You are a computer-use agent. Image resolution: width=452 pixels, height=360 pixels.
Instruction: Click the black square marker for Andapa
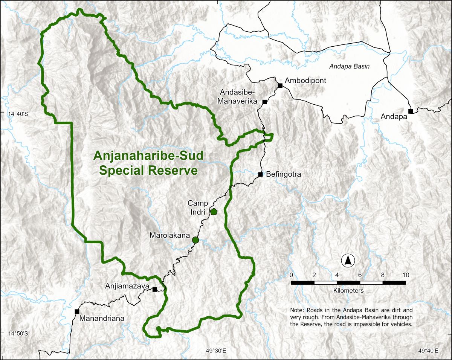[411, 111]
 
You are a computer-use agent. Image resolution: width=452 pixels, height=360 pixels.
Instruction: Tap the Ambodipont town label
[305, 81]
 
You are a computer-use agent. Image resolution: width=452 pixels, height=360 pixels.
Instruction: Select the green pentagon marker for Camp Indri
[214, 212]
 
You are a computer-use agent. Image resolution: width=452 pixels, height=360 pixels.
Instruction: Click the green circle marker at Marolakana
[195, 240]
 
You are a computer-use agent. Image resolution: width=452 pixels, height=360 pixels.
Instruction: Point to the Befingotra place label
[283, 174]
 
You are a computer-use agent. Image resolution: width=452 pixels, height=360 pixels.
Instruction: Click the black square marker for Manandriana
[77, 311]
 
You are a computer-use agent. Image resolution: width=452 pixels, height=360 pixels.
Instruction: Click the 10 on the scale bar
[405, 275]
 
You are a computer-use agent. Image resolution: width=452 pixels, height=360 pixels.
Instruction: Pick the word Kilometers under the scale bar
[348, 291]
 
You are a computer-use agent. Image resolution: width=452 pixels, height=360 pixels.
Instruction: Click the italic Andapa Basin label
[349, 66]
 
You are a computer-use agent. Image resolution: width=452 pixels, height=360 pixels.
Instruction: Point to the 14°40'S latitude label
[18, 114]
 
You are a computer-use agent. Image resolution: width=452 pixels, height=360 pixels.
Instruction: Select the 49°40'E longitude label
[428, 351]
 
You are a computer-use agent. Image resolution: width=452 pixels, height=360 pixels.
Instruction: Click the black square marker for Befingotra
[260, 174]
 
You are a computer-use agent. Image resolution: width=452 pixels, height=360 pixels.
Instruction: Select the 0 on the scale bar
[291, 275]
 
